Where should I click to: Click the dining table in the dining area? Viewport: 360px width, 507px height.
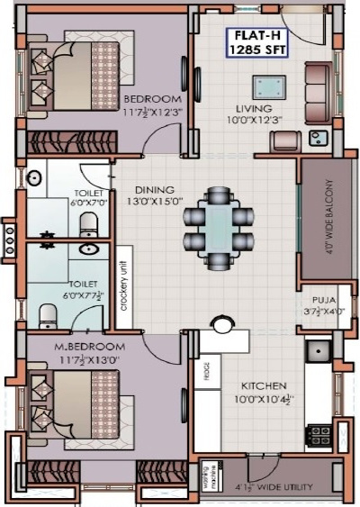(216, 222)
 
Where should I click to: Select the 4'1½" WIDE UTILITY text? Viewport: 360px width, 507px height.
(274, 487)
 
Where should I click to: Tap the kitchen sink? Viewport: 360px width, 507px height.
(318, 351)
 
